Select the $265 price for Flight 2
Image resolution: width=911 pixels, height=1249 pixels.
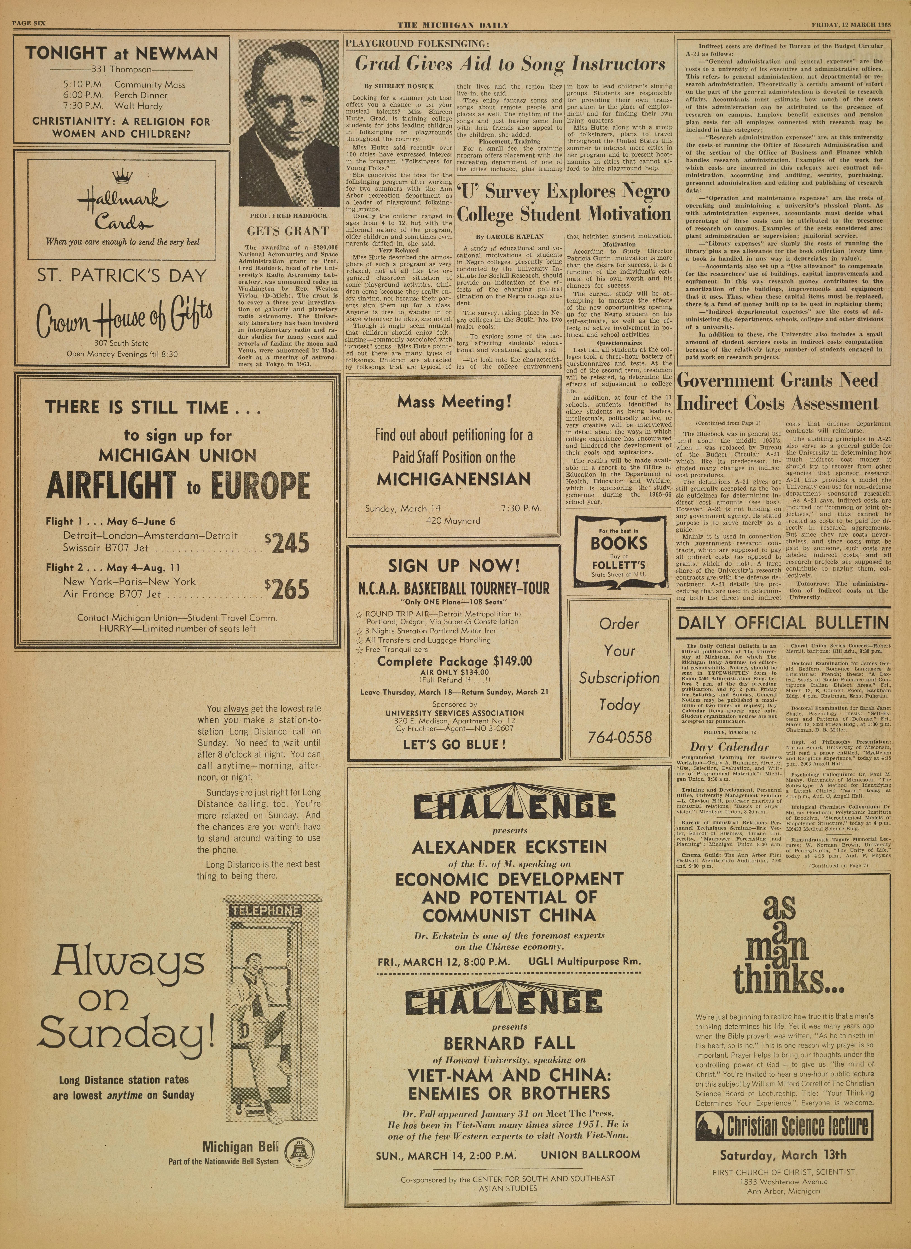(287, 589)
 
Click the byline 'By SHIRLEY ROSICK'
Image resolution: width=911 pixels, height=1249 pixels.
(391, 87)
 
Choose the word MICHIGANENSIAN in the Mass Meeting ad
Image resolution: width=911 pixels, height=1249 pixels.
(453, 479)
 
